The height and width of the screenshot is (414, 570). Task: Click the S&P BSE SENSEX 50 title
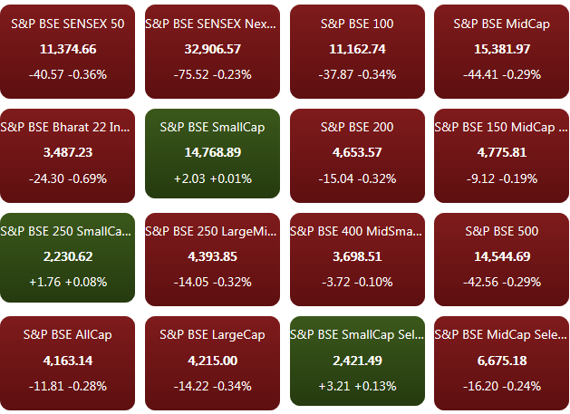click(68, 24)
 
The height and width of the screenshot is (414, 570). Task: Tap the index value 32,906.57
click(212, 49)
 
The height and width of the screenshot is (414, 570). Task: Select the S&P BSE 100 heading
click(357, 24)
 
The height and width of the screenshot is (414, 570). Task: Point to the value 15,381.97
click(502, 49)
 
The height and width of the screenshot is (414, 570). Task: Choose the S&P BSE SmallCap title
click(212, 128)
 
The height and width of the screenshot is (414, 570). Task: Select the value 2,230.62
click(68, 257)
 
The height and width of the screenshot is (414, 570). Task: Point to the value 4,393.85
click(212, 257)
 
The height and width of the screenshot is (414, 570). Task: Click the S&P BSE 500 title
click(502, 232)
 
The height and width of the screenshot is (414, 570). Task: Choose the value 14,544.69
click(502, 257)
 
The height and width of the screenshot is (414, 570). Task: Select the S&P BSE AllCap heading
click(68, 335)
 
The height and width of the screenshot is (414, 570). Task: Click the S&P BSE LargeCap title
click(212, 335)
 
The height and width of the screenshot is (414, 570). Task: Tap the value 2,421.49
click(357, 361)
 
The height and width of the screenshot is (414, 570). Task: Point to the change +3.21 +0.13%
click(357, 386)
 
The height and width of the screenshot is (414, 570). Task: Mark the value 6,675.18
click(502, 361)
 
